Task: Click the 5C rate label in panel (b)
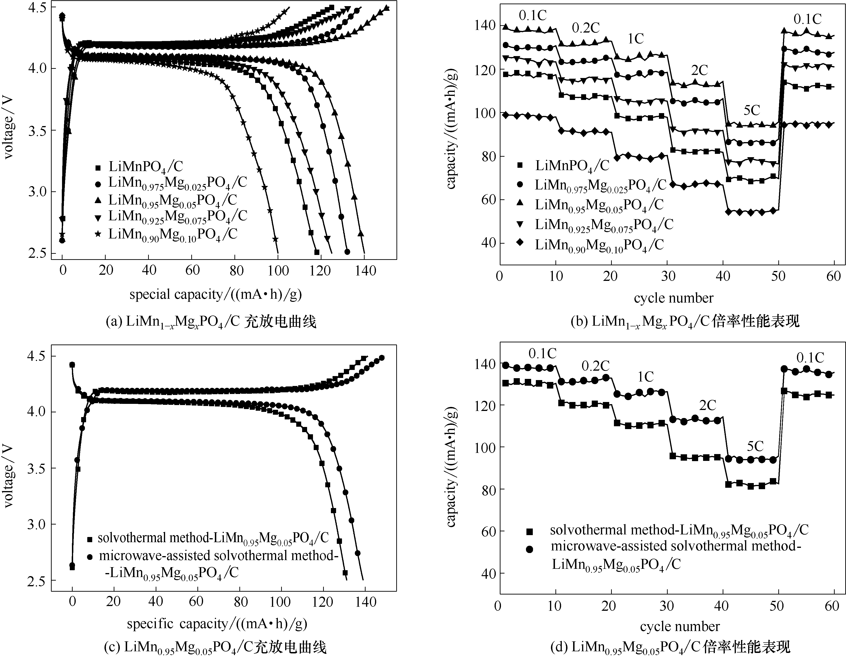tap(752, 110)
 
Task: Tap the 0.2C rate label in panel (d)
tap(595, 366)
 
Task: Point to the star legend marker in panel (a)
tap(98, 234)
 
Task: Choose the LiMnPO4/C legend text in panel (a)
tap(146, 166)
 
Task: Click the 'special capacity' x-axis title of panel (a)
tap(215, 295)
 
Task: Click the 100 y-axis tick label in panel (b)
tap(485, 113)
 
